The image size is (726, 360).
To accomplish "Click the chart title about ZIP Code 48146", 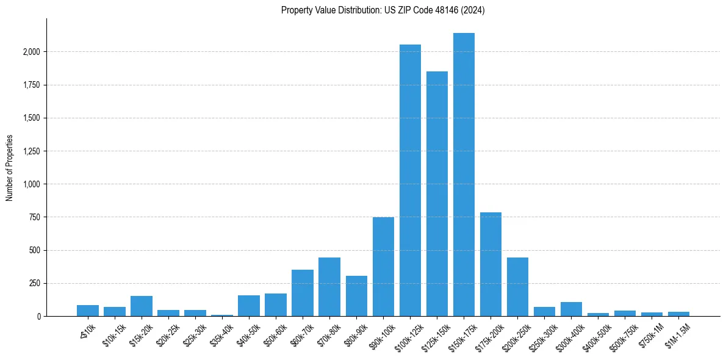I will click(x=383, y=10).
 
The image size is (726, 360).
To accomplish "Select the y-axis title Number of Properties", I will click(x=10, y=167).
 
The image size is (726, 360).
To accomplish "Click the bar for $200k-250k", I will click(x=517, y=287).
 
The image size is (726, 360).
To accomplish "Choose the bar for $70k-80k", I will click(x=329, y=287).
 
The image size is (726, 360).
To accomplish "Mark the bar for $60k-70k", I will click(x=303, y=293).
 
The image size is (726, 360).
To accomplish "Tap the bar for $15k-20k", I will click(x=142, y=306).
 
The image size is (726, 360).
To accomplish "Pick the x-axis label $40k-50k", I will click(x=247, y=333).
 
